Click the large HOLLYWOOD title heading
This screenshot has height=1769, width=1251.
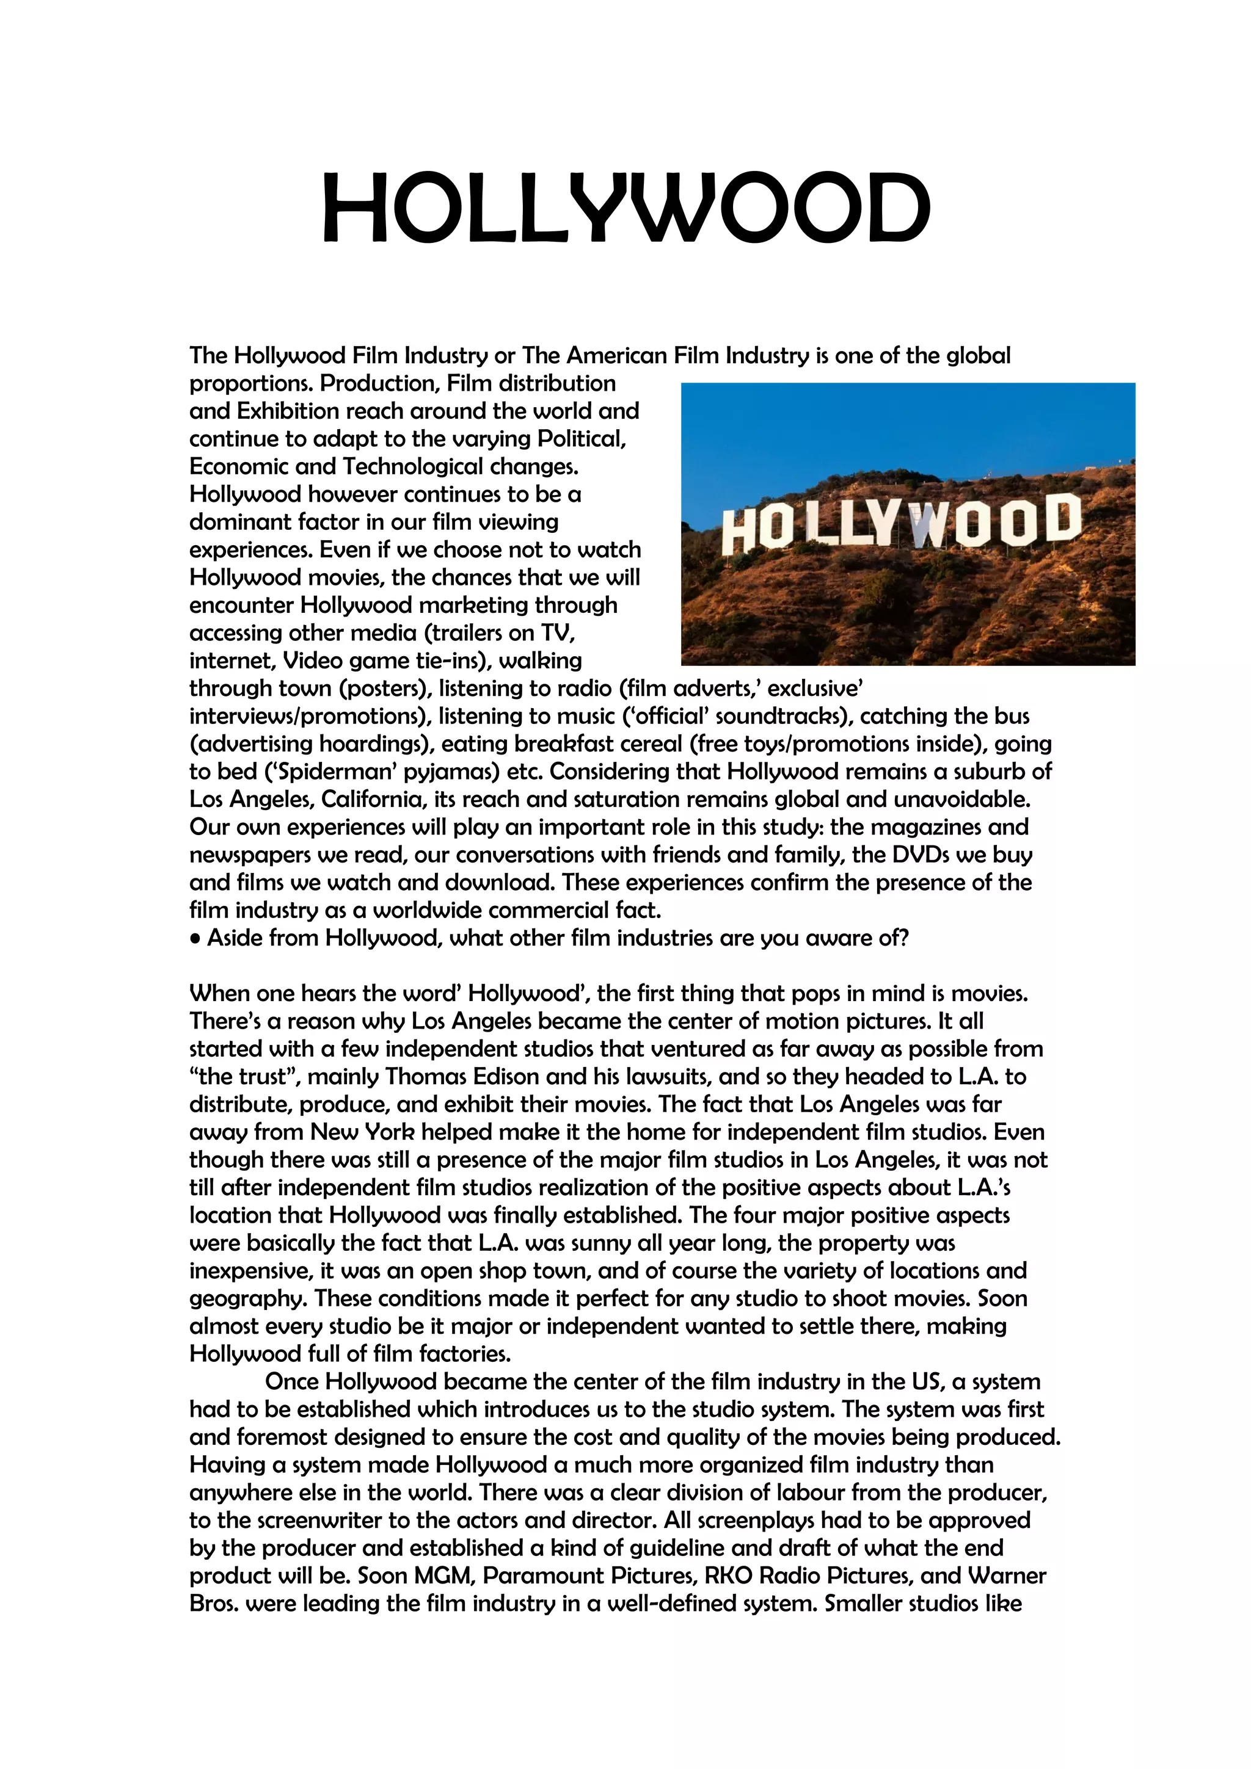click(625, 208)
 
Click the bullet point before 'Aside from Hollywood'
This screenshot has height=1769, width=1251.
click(196, 939)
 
